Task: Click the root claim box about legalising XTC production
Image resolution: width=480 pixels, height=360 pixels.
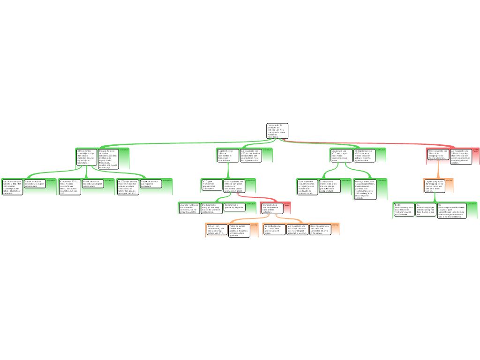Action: tap(277, 131)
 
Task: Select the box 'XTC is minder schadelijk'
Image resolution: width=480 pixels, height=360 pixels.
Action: tap(86, 158)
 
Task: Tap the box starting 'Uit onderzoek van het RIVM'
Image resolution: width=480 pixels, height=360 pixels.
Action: tap(13, 187)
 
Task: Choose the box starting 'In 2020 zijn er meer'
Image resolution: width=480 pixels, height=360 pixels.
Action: tap(127, 187)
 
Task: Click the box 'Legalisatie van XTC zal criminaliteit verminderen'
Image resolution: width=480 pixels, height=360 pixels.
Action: tap(228, 155)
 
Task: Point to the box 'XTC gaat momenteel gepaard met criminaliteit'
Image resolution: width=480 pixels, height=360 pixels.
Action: tap(212, 184)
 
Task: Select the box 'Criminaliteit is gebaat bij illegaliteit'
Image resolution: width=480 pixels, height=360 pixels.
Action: tap(235, 207)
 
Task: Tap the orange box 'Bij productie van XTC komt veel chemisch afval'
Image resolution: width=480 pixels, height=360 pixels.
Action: tap(274, 229)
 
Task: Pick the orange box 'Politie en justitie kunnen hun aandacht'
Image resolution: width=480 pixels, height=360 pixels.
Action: tap(239, 230)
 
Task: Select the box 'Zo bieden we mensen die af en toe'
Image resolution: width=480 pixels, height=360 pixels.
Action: tap(330, 186)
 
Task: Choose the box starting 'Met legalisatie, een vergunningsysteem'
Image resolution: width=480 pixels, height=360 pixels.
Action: tap(366, 189)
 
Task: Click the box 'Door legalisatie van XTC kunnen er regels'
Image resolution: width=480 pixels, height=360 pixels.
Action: tap(308, 187)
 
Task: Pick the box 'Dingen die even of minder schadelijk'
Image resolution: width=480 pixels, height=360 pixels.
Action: tap(108, 159)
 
